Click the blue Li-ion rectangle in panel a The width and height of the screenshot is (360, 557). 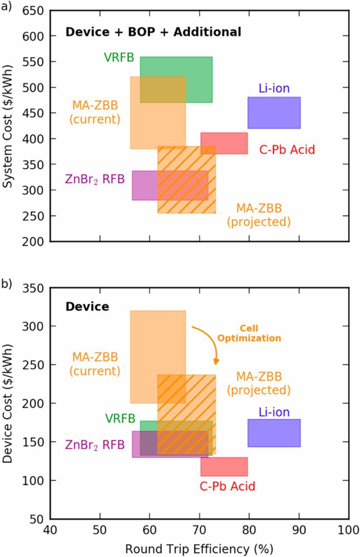point(274,113)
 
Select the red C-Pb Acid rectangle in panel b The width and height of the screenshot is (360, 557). point(224,466)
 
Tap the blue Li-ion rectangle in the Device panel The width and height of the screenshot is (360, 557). point(274,433)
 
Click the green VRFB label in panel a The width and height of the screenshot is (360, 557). point(119,57)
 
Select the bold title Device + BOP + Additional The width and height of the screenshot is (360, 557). point(153,32)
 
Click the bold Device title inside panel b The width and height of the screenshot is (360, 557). point(87,307)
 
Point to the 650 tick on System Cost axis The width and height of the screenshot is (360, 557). point(35,10)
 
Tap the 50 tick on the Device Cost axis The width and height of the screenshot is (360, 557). point(38,519)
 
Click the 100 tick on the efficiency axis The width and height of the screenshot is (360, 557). point(348,530)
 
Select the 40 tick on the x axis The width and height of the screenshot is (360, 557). point(50,530)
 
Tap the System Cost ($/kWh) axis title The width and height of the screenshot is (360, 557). point(8,126)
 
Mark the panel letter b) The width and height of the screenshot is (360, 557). point(6,283)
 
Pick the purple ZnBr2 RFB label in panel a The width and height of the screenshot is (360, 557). point(95,179)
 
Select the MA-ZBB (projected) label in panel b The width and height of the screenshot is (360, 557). point(259,383)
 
